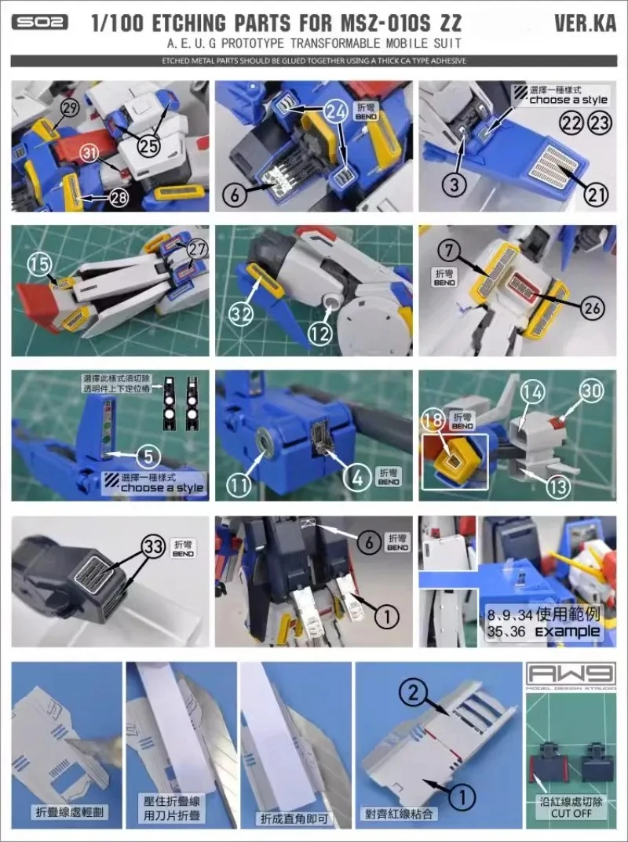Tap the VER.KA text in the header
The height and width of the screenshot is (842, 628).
tap(582, 23)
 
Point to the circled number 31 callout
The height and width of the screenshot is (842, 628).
tap(92, 155)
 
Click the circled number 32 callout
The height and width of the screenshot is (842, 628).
tap(241, 313)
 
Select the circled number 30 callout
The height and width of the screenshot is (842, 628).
tap(592, 387)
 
